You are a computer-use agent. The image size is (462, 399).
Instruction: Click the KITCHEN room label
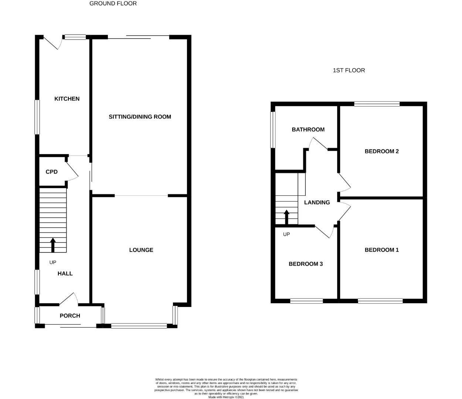point(67,99)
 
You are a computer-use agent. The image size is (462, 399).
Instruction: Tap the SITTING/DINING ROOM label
point(140,117)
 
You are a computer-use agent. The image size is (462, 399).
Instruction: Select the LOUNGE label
point(141,250)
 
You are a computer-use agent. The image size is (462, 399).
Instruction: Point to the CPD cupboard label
point(51,172)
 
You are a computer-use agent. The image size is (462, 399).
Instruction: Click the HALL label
point(65,274)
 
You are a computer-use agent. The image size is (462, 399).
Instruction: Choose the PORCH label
point(70,316)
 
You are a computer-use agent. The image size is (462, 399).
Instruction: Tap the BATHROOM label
point(308,129)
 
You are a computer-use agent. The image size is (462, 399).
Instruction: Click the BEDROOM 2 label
point(381,151)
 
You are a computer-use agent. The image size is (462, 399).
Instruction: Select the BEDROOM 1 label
point(381,250)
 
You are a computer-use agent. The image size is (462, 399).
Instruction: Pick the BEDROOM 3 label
point(306,264)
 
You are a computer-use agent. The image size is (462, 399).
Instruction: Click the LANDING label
point(317,202)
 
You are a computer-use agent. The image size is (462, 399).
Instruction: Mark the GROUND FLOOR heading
point(113,3)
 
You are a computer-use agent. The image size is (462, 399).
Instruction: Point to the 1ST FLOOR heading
point(349,70)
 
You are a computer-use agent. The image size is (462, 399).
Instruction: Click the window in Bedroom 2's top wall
point(377,104)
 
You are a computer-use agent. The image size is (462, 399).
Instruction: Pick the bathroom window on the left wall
point(273,130)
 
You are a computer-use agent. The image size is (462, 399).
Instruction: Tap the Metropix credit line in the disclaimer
point(226,397)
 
